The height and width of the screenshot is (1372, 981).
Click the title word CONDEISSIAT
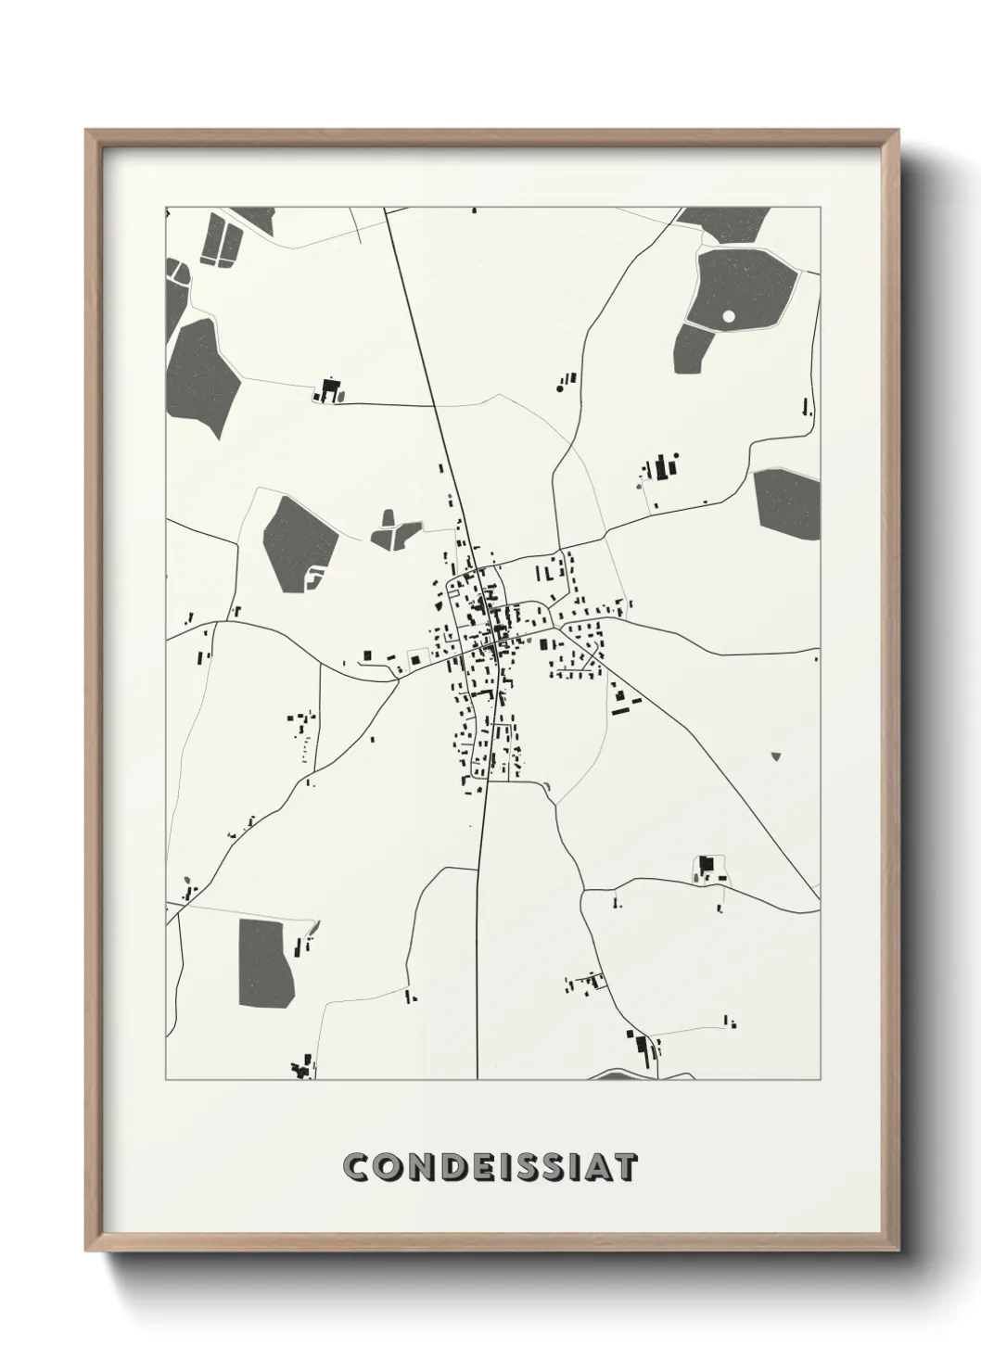coord(490,1167)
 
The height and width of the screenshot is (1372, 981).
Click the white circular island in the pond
coord(729,316)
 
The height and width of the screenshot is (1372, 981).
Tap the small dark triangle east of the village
coord(776,756)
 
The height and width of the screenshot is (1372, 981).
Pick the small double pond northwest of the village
coord(394,530)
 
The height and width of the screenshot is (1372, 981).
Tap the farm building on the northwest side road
coord(327,390)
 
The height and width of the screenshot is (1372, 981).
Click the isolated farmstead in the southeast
coord(709,869)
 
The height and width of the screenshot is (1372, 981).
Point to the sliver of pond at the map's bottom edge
coord(640,1075)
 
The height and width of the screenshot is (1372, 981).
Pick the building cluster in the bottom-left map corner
coord(301,1069)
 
